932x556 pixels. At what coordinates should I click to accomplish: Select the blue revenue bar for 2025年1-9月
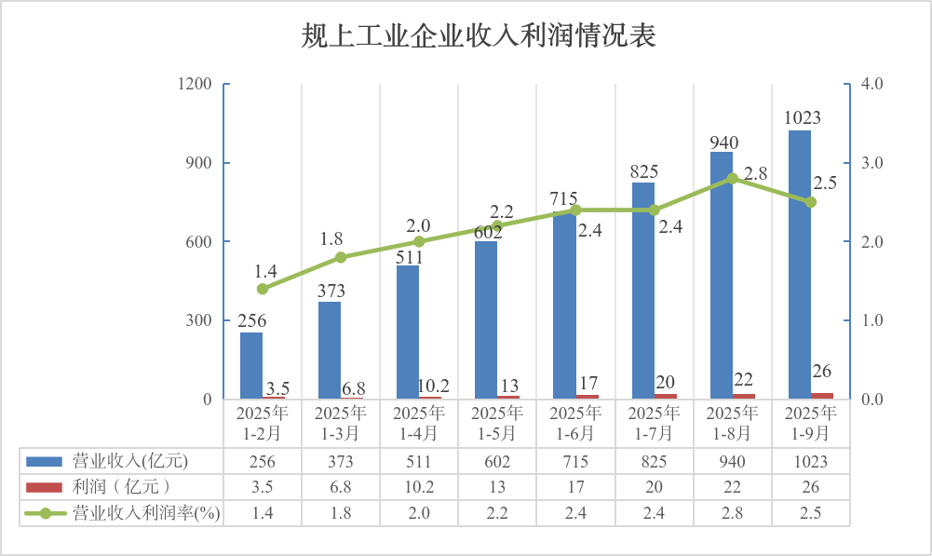pyautogui.click(x=799, y=265)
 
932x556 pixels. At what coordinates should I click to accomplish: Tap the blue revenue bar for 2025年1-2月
pyautogui.click(x=251, y=365)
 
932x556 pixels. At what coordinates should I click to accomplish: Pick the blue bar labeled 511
pyautogui.click(x=408, y=332)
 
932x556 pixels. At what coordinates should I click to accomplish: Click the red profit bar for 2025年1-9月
pyautogui.click(x=822, y=396)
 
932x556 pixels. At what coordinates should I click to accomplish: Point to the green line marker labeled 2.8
pyautogui.click(x=732, y=178)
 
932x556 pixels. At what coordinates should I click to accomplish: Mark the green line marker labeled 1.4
pyautogui.click(x=263, y=289)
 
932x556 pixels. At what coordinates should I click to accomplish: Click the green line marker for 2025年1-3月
pyautogui.click(x=341, y=257)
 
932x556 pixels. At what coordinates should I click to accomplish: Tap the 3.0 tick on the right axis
pyautogui.click(x=872, y=163)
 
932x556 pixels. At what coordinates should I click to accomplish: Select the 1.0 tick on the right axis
pyautogui.click(x=872, y=320)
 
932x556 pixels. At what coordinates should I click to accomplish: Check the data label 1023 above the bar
pyautogui.click(x=802, y=117)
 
